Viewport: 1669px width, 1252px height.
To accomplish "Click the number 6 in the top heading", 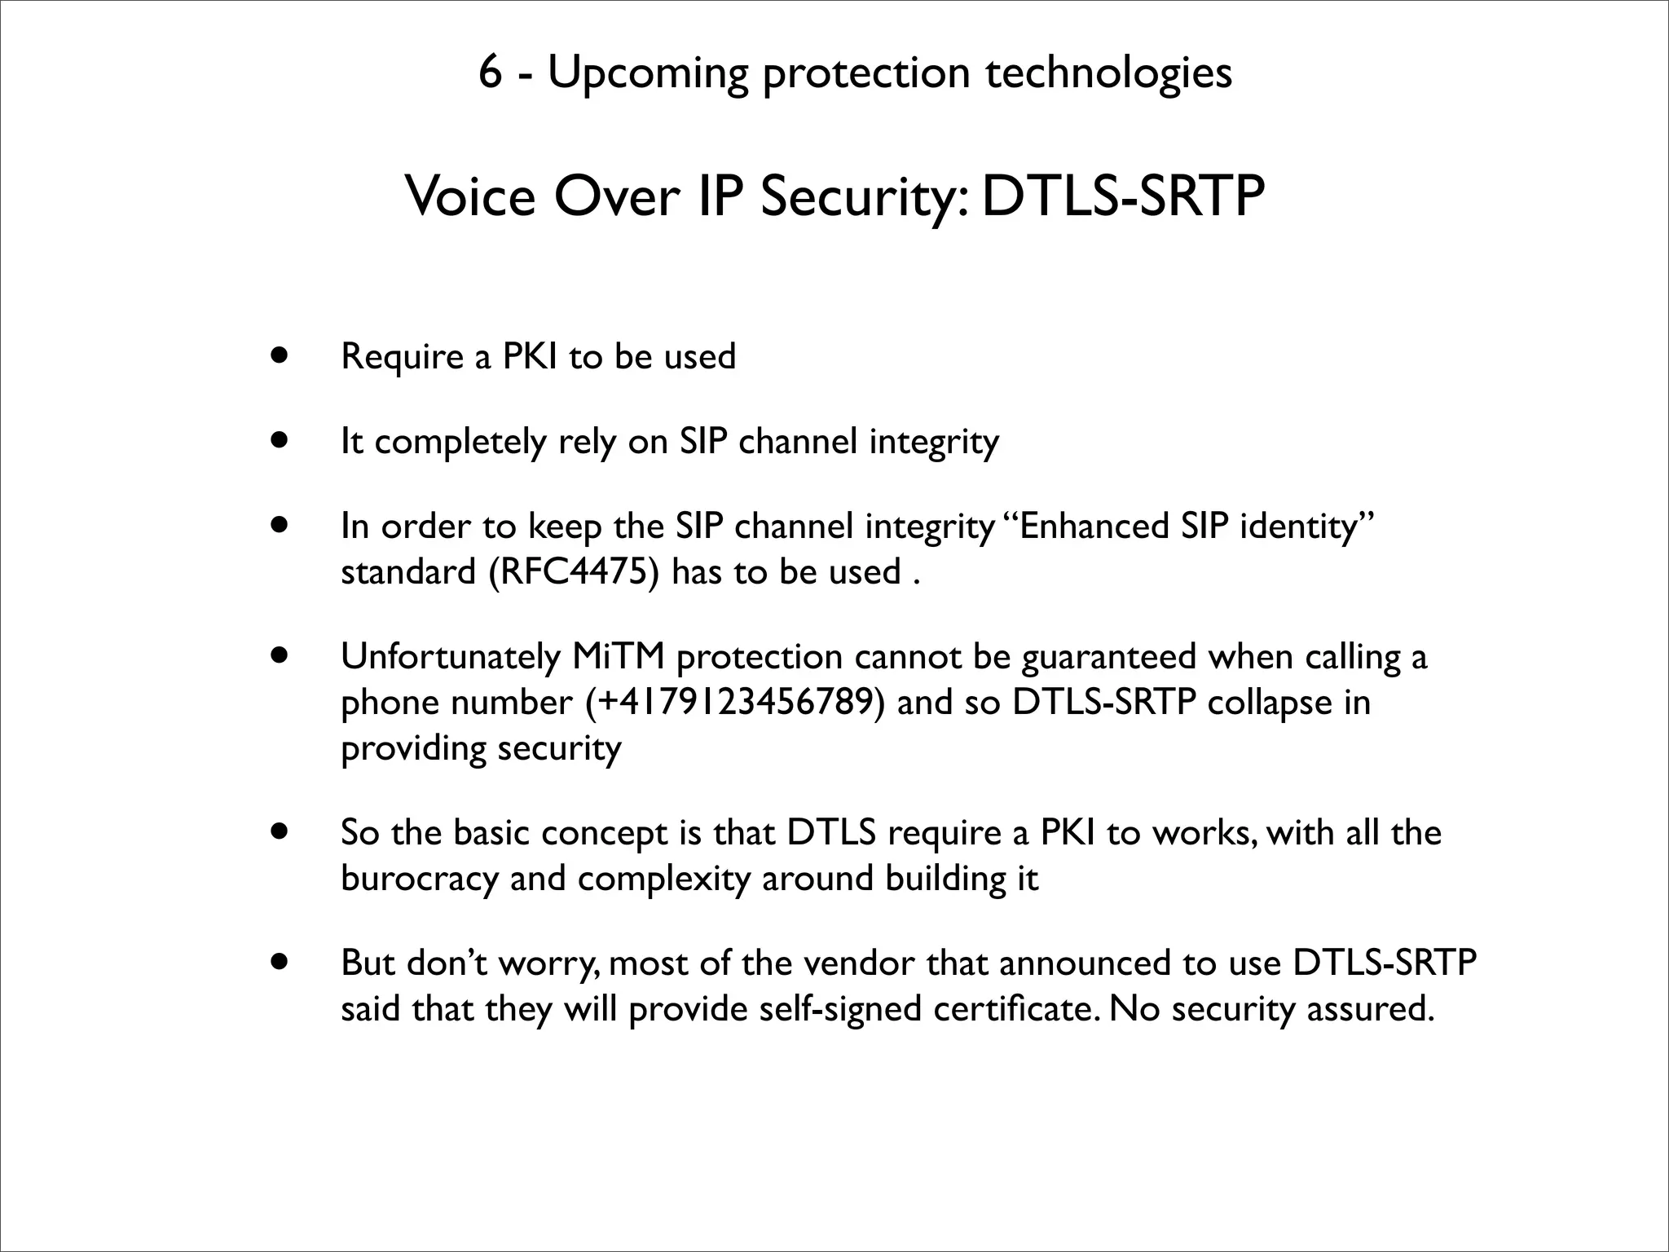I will point(489,73).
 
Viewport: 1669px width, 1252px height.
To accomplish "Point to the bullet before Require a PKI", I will point(280,356).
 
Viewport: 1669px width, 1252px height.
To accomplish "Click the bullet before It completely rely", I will point(280,441).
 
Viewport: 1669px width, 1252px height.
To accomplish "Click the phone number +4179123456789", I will point(734,702).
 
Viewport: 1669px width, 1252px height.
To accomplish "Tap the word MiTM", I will point(619,656).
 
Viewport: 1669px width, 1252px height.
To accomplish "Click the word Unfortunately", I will point(451,656).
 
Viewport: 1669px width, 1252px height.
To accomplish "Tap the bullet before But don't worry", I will point(280,963).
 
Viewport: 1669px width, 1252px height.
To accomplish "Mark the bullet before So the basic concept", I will point(280,832).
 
